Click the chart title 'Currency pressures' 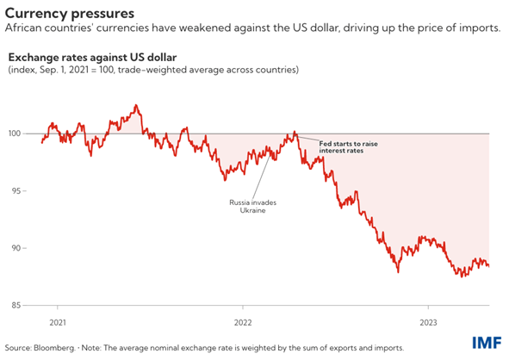[x=69, y=13]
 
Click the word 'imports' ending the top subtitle [x=479, y=28]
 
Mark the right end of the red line [x=489, y=265]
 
